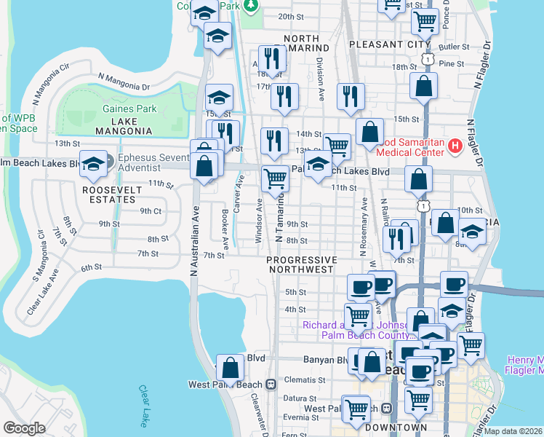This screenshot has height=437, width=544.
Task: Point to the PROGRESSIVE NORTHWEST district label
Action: (302, 264)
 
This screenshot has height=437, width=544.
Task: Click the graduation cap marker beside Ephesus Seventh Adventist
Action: (94, 164)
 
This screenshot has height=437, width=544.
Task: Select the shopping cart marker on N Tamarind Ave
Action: (275, 178)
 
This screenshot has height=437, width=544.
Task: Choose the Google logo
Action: (24, 428)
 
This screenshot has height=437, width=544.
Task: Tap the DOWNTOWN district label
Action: (396, 427)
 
